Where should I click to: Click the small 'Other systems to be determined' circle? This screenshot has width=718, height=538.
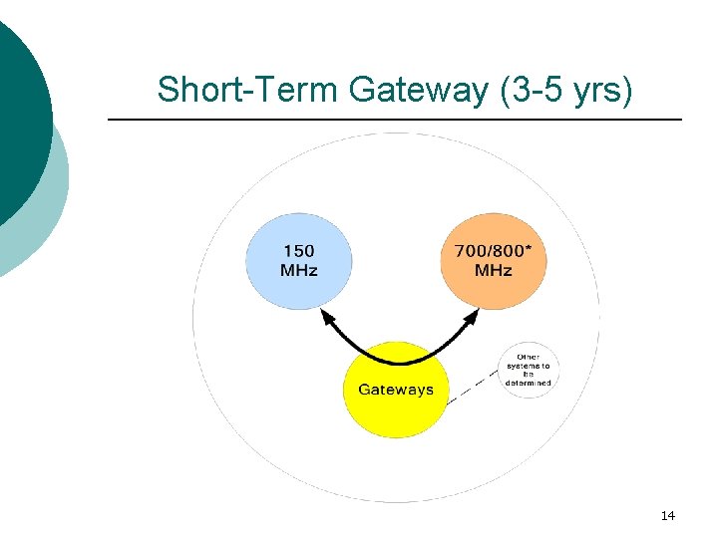(528, 369)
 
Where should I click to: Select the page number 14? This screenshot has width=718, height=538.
(667, 515)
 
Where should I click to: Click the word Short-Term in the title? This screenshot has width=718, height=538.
(249, 90)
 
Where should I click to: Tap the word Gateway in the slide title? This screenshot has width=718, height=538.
(419, 90)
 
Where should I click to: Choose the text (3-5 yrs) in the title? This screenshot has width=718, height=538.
(565, 90)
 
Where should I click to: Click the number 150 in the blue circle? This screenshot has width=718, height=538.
(299, 251)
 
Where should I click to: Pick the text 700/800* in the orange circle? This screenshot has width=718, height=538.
(493, 251)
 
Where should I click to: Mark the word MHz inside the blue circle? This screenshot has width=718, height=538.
(299, 270)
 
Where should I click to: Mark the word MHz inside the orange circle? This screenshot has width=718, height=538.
(493, 270)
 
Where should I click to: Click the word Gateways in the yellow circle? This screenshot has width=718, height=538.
(396, 390)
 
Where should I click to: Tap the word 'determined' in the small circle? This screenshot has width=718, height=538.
(528, 383)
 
